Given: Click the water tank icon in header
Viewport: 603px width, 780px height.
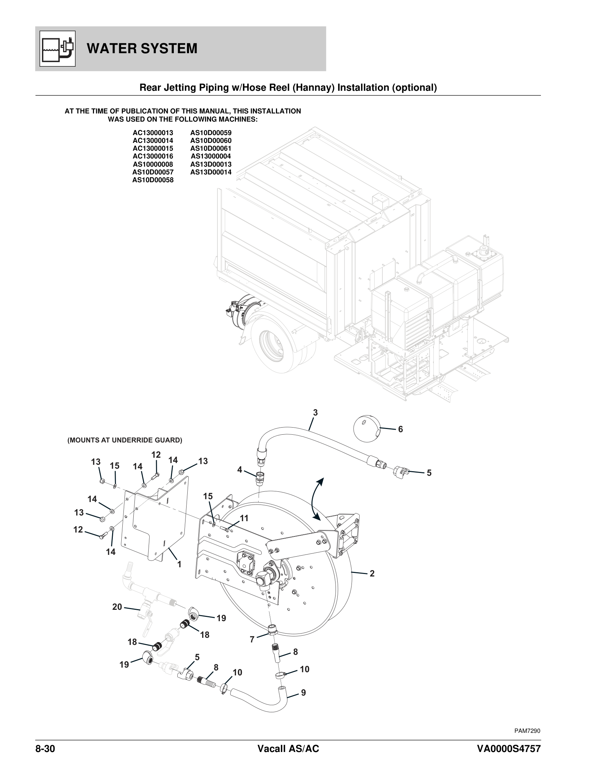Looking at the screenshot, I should pos(57,49).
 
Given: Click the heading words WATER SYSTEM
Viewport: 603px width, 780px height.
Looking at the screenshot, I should pos(142,49).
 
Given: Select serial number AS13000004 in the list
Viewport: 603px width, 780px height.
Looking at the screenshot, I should pos(210,156).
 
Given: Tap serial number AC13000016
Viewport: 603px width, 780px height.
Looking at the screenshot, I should pos(153,156).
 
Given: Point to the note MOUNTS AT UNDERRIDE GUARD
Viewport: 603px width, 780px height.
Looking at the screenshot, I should pos(125,440).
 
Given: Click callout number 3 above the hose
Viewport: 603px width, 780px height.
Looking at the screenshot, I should pos(315,412).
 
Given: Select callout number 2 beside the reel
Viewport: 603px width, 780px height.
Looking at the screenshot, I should pos(372,574).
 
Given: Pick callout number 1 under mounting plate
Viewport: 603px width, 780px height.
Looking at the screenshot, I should pos(179,564).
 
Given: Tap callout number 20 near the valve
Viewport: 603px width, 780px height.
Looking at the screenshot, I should pos(117,607).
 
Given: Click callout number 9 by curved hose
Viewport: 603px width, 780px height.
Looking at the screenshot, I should pos(303,693).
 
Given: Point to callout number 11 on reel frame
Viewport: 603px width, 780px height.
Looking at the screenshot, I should pos(244,518).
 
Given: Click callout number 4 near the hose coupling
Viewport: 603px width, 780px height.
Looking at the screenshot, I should pos(240,470).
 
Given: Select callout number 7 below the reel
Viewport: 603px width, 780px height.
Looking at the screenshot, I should pos(252,640).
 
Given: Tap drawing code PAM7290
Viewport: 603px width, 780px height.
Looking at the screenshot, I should pos(527,731).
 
